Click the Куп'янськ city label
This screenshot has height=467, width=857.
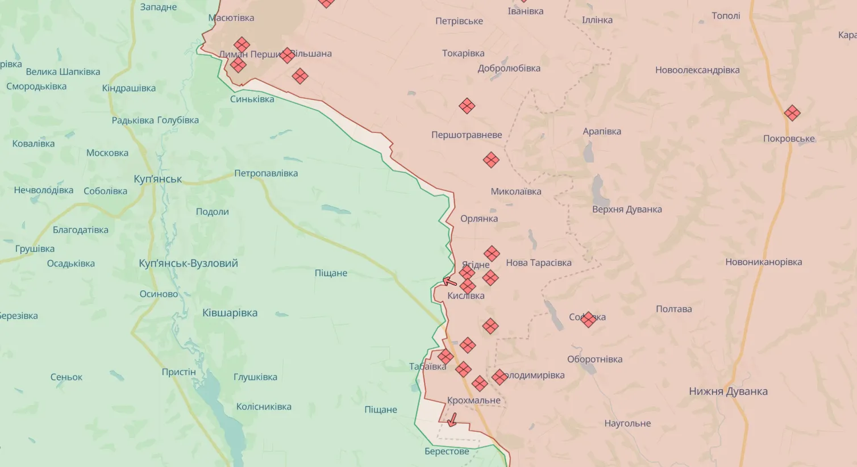157,179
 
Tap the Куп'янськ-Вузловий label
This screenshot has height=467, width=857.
188,263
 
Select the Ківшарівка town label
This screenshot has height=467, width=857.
230,312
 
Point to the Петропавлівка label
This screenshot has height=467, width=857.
266,173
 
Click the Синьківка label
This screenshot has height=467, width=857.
252,99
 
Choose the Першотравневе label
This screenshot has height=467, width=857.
467,135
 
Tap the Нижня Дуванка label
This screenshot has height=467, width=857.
728,391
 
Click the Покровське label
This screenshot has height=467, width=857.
789,139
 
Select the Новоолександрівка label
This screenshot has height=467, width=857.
697,70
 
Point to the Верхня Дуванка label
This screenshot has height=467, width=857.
627,209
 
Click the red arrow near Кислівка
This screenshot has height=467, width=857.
450,281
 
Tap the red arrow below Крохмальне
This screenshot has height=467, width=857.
452,420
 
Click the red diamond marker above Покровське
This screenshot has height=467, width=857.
792,113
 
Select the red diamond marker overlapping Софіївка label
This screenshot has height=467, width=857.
589,319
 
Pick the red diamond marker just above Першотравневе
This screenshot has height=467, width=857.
467,106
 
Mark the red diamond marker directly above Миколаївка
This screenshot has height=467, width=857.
491,160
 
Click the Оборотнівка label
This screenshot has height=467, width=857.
594,359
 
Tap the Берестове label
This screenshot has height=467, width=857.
447,451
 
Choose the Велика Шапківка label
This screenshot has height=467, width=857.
63,72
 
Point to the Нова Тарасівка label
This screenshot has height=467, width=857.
538,262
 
